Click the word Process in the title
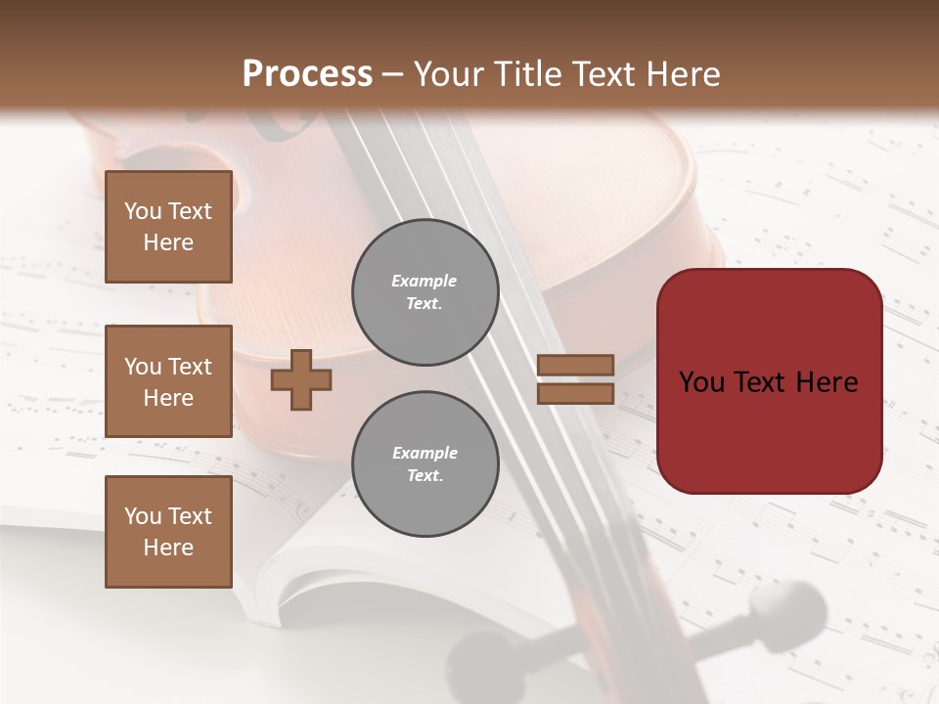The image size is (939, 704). pyautogui.click(x=307, y=74)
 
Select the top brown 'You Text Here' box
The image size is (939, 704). pyautogui.click(x=168, y=227)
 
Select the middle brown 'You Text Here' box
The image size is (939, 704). pyautogui.click(x=168, y=381)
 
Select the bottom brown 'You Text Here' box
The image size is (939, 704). pyautogui.click(x=168, y=532)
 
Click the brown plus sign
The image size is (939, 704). pyautogui.click(x=301, y=379)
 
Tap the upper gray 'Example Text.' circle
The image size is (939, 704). pyautogui.click(x=425, y=292)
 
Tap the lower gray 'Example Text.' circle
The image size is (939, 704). pyautogui.click(x=425, y=464)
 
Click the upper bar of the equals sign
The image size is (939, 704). pyautogui.click(x=575, y=365)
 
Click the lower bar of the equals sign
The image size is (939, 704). pyautogui.click(x=575, y=393)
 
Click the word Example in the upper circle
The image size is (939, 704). pyautogui.click(x=425, y=281)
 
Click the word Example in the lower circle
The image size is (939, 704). pyautogui.click(x=425, y=453)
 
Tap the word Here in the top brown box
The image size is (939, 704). pyautogui.click(x=168, y=242)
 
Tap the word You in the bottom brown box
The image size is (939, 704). pyautogui.click(x=142, y=516)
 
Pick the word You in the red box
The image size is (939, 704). pyautogui.click(x=702, y=382)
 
